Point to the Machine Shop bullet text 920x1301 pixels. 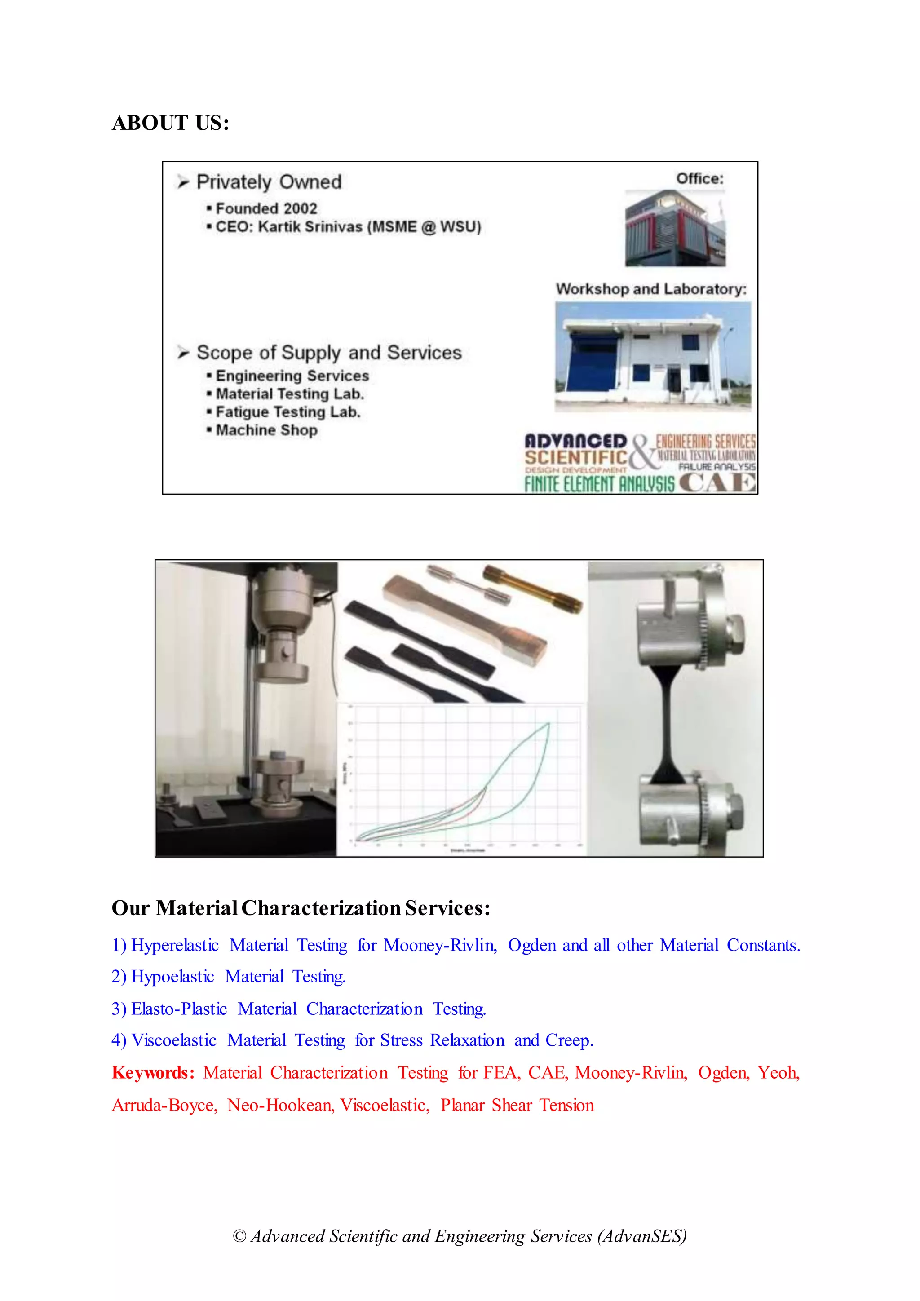pos(266,430)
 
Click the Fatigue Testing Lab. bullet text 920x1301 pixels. pos(288,412)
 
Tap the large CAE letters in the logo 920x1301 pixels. pos(717,483)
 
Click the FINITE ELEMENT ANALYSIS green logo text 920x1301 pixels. pos(599,484)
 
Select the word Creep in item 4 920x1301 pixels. pos(568,1040)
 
